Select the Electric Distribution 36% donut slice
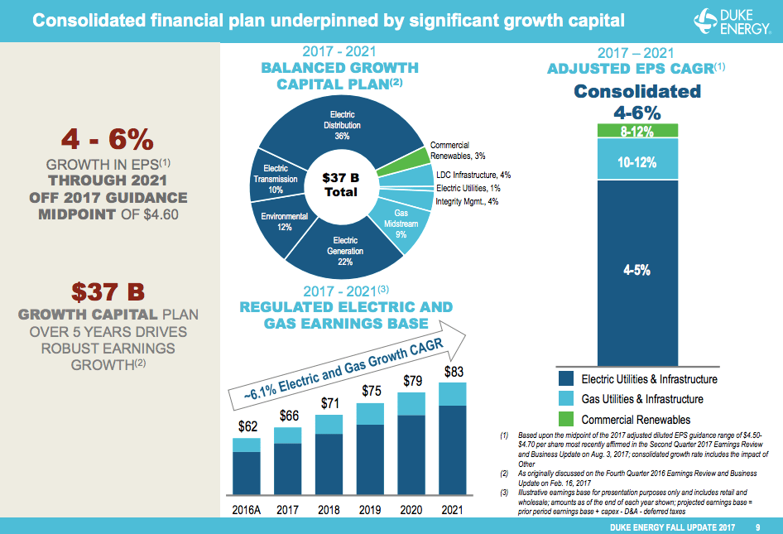click(342, 124)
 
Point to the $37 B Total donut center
click(341, 185)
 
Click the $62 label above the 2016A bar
click(247, 426)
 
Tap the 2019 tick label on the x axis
click(371, 510)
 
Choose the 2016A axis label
click(247, 510)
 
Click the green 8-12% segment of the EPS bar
click(636, 131)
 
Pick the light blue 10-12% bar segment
click(636, 161)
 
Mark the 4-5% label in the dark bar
click(636, 269)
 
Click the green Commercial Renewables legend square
click(566, 420)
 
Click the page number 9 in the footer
click(757, 527)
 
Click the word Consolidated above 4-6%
click(636, 91)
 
